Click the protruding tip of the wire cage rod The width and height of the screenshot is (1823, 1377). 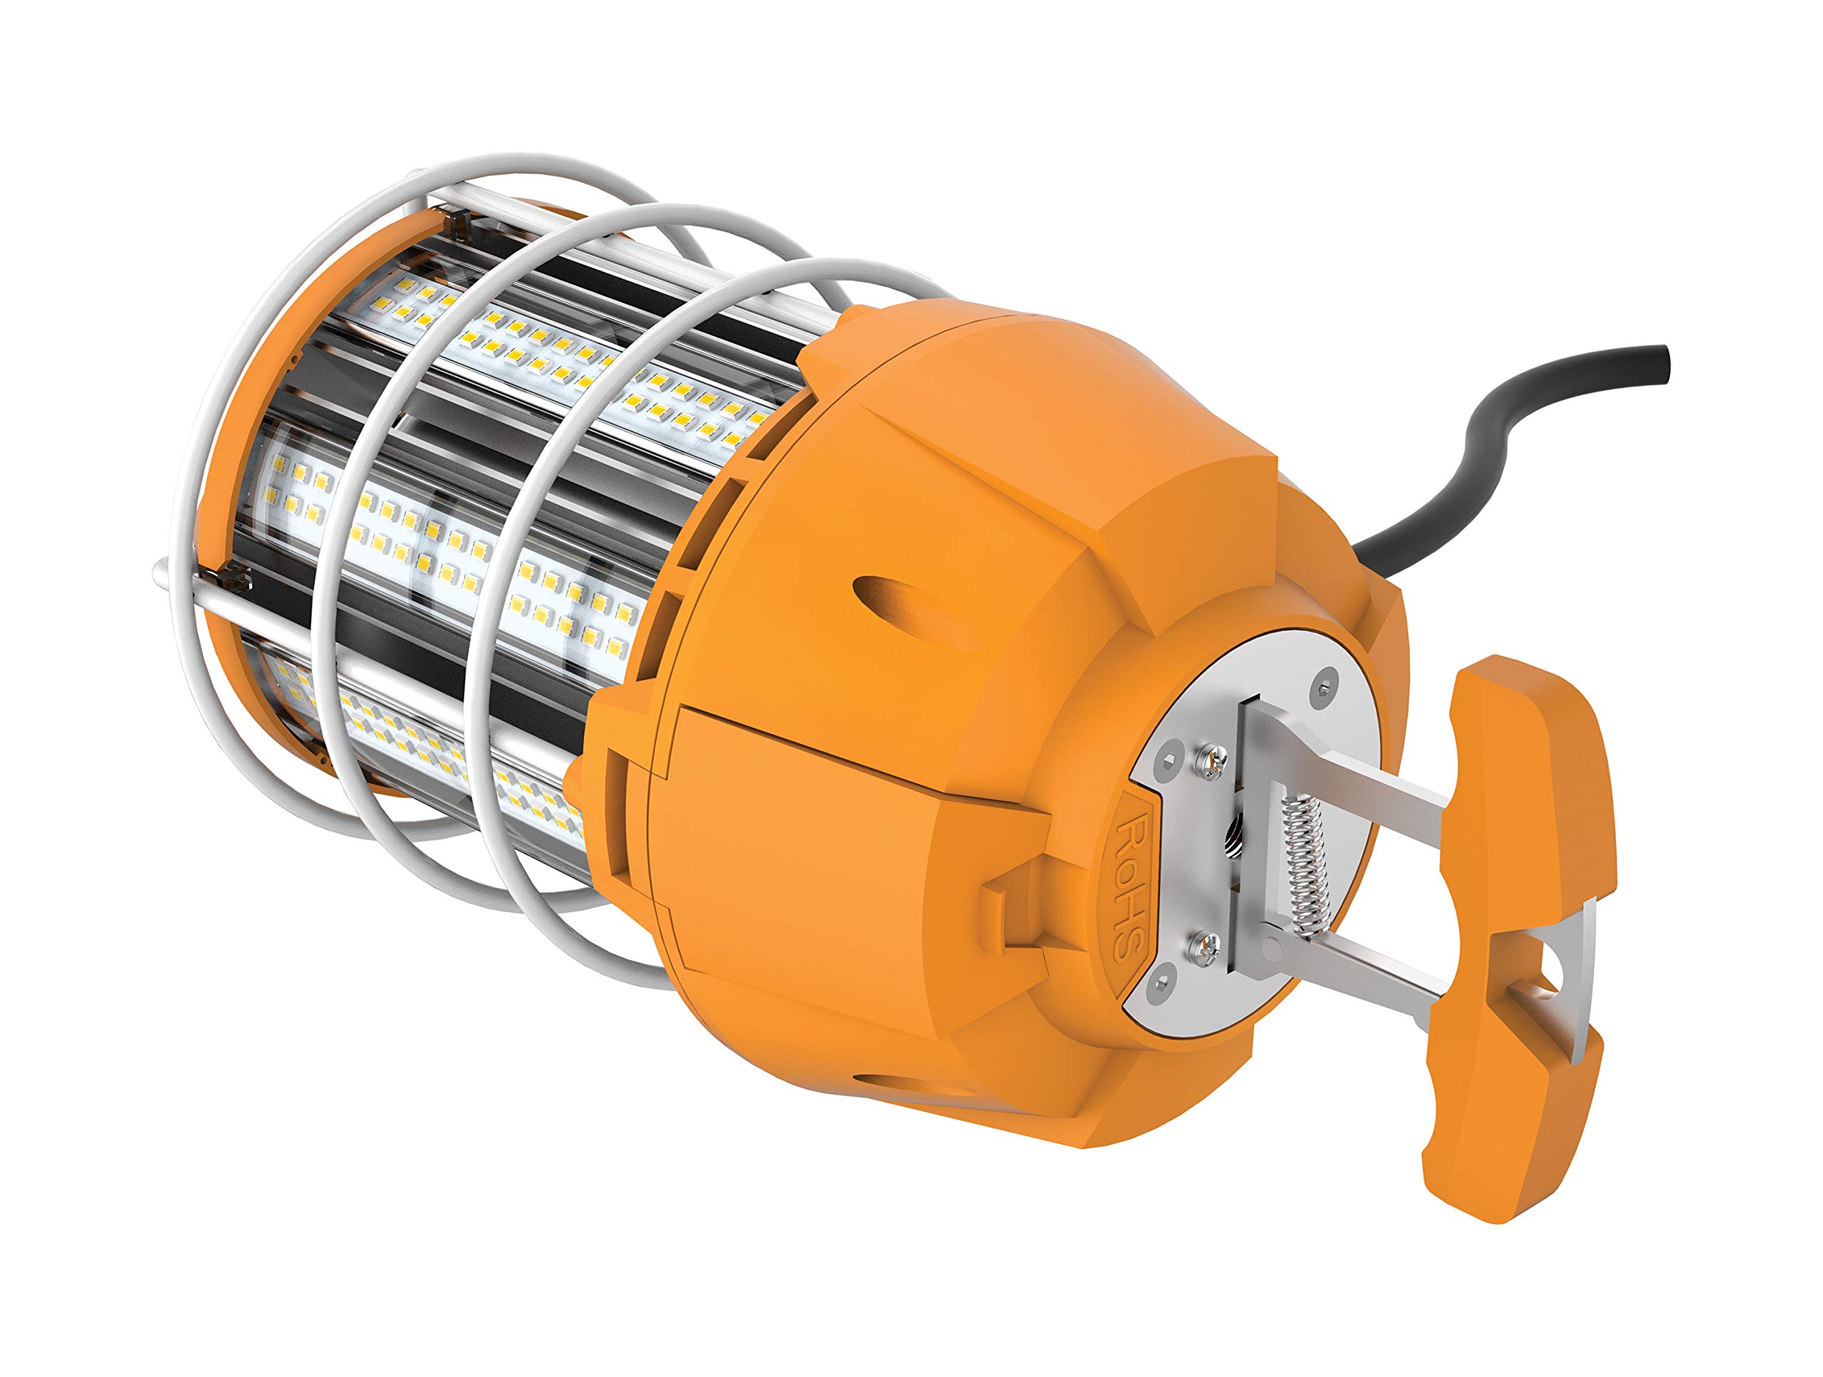(x=162, y=569)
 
